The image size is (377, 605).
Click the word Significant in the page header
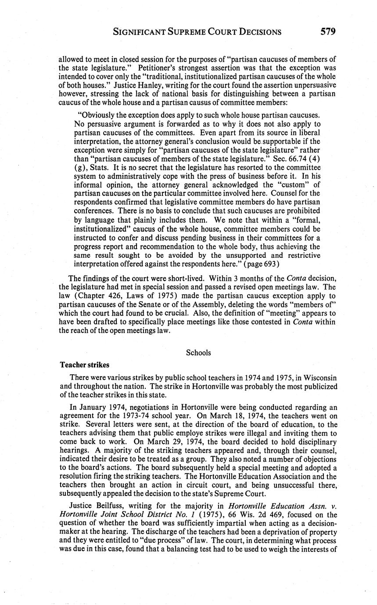point(140,32)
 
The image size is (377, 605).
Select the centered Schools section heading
point(198,352)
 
